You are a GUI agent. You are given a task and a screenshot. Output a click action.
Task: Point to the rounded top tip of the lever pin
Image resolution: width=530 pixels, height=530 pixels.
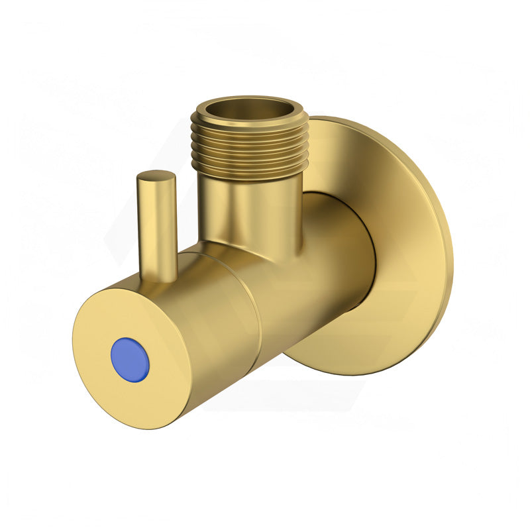point(156,176)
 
